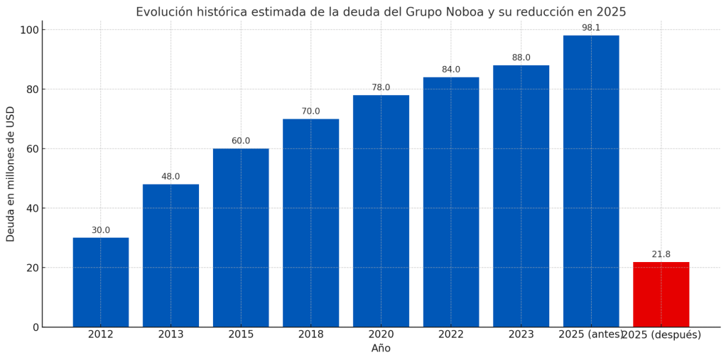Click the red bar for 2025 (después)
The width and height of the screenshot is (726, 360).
[x=661, y=295]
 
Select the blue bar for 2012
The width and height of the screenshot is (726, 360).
[x=100, y=282]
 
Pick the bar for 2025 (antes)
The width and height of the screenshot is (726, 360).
[x=591, y=181]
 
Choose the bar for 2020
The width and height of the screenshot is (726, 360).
[x=381, y=211]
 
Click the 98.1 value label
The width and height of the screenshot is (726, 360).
[x=591, y=28]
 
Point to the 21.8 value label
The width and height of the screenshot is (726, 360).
[x=661, y=254]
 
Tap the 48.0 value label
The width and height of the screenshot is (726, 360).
[x=170, y=177]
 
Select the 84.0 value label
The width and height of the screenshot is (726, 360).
[x=451, y=70]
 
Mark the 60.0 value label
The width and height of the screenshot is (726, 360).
[x=241, y=141]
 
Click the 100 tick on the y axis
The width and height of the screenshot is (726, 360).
[x=29, y=30]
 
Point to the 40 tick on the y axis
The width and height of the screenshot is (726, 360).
[x=32, y=208]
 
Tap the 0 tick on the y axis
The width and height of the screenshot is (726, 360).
[x=35, y=327]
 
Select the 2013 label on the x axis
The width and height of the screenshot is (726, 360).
[x=170, y=334]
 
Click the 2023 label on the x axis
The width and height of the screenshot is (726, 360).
[x=521, y=334]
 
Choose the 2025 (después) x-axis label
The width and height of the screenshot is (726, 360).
[x=661, y=334]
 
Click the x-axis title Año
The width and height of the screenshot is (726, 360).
[x=381, y=349]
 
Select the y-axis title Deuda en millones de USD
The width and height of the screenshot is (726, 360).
[x=11, y=174]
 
